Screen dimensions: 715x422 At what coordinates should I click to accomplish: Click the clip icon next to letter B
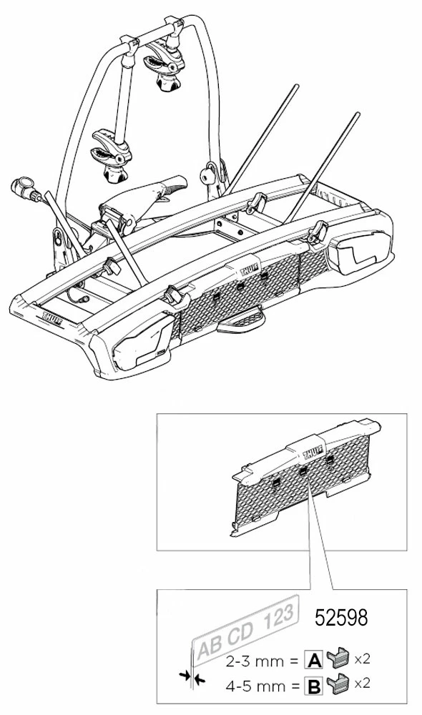click(337, 684)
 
